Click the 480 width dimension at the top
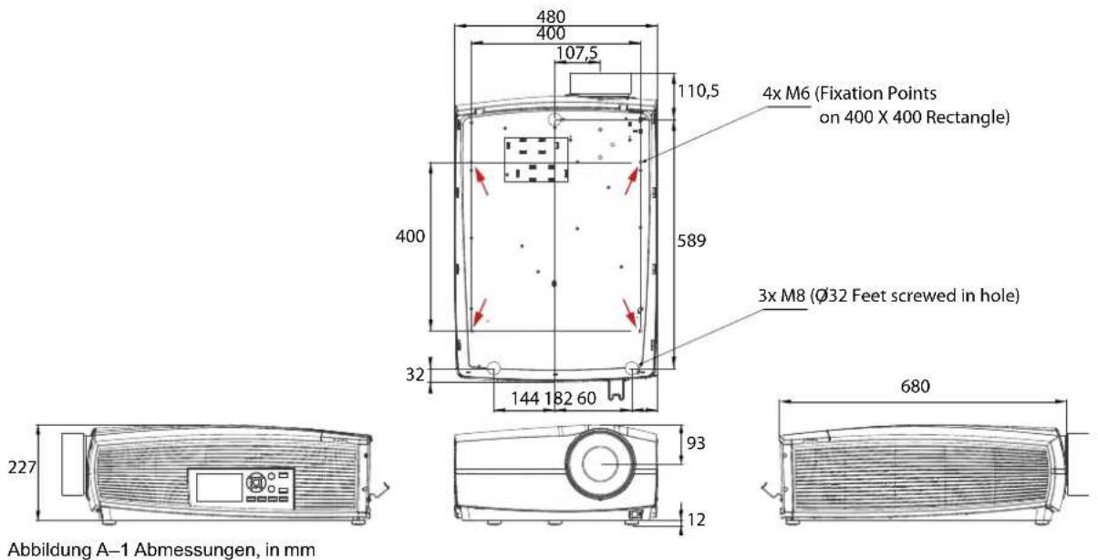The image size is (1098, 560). tap(551, 16)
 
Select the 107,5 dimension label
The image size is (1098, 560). tap(577, 53)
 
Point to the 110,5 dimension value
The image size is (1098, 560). tap(698, 90)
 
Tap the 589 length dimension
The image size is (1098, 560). tap(691, 240)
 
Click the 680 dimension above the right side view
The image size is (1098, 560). tap(915, 386)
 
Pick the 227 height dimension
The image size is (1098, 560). tap(22, 467)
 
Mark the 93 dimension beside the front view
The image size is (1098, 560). tap(696, 443)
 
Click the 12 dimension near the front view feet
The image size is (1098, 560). tap(696, 519)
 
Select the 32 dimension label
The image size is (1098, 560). tap(415, 375)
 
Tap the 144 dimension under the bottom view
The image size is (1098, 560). tap(525, 399)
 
